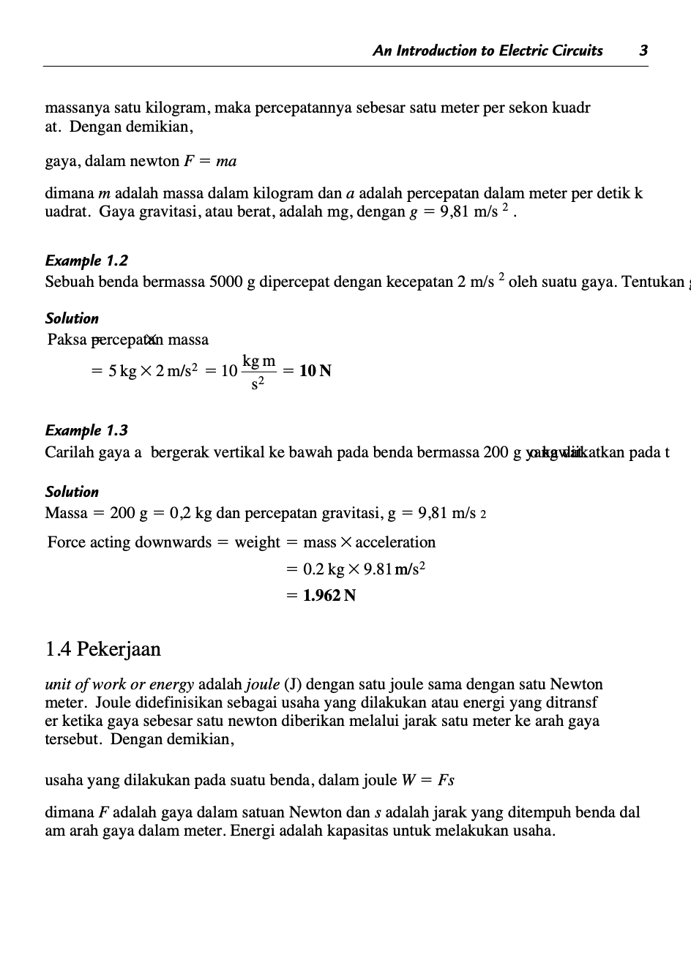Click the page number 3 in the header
coord(643,50)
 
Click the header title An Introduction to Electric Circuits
coord(488,50)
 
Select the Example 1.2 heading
coord(86,261)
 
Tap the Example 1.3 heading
coord(86,430)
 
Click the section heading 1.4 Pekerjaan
coord(102,649)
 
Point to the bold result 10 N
coord(315,371)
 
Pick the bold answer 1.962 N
coord(329,596)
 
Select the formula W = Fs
coord(428,780)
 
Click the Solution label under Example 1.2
coord(72,318)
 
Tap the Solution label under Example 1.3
coord(72,492)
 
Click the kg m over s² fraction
coord(259,372)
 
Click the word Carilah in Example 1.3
coord(70,452)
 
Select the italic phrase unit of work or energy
coord(119,685)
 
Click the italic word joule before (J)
coord(262,685)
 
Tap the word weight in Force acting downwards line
coord(257,542)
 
